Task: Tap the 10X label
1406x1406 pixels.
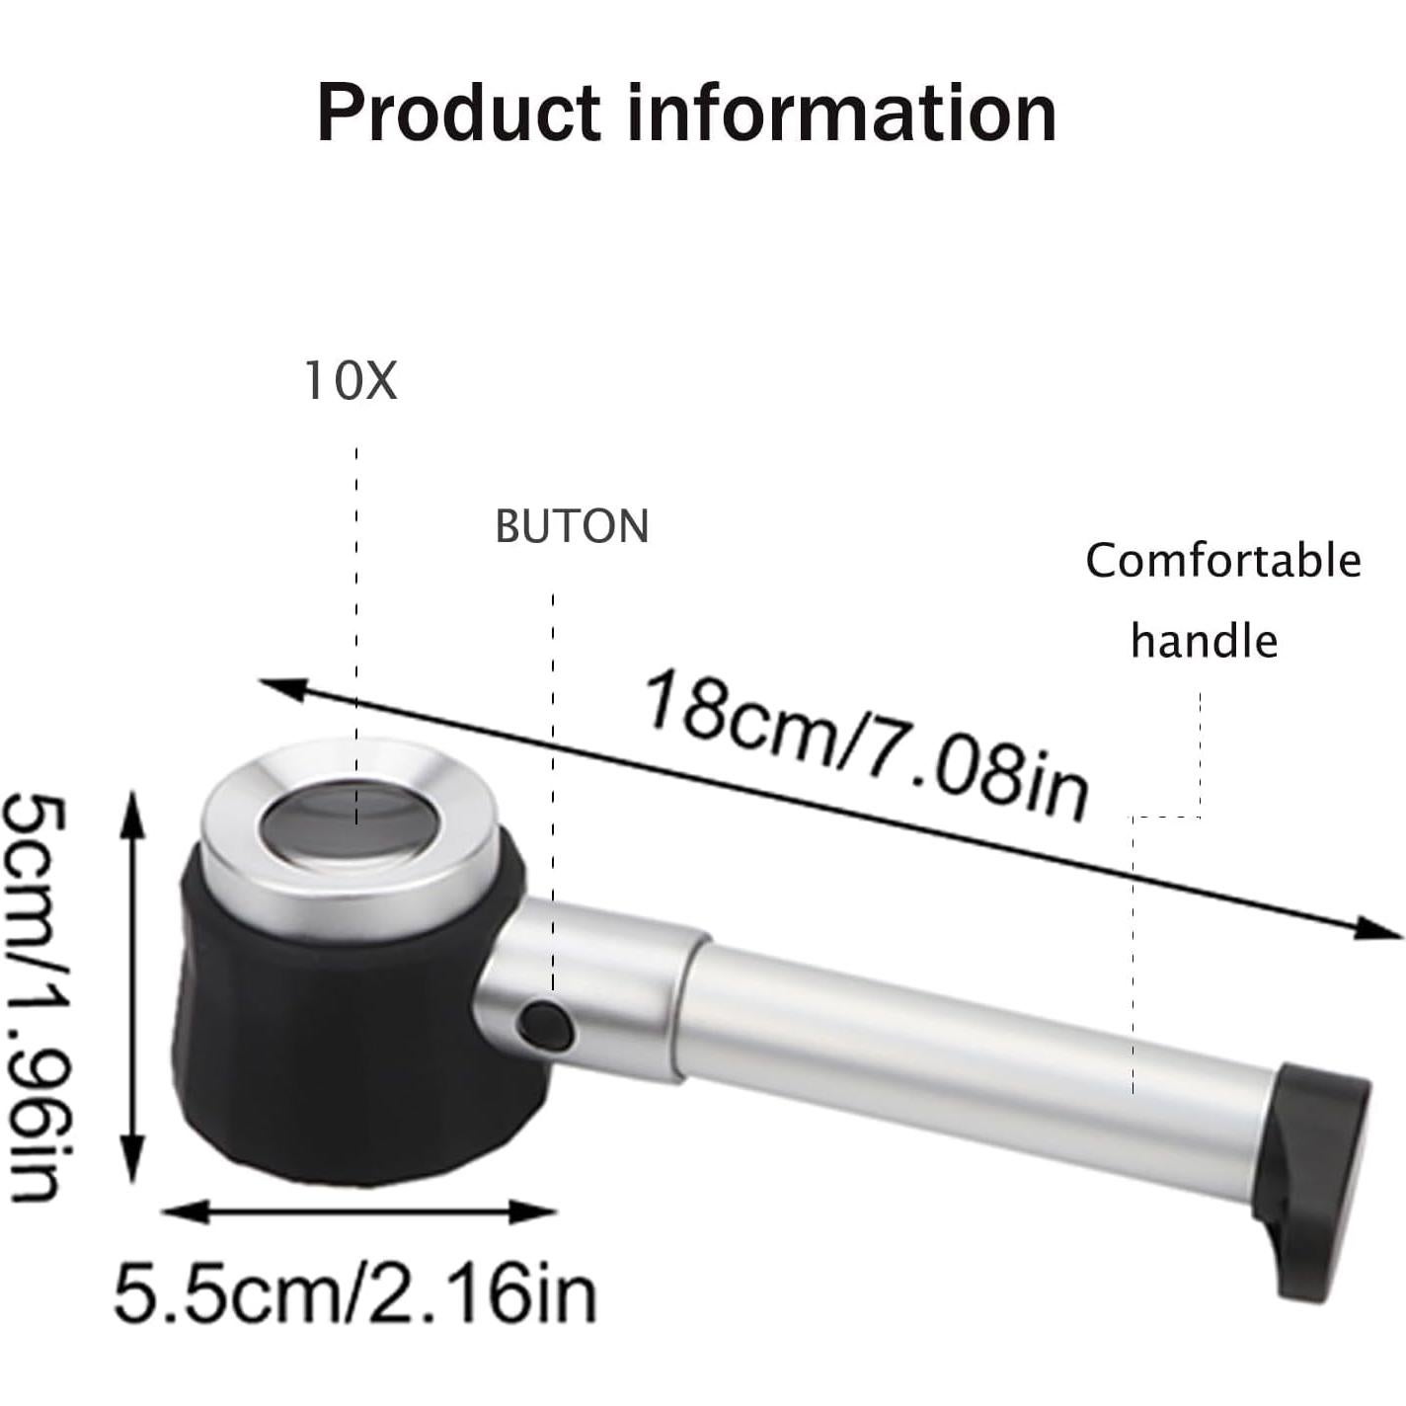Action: (x=351, y=381)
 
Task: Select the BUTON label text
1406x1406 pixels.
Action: (x=572, y=526)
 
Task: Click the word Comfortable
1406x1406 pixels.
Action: (x=1222, y=561)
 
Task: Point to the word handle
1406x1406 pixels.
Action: (x=1204, y=642)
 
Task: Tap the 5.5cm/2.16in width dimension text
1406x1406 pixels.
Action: (x=355, y=1293)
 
